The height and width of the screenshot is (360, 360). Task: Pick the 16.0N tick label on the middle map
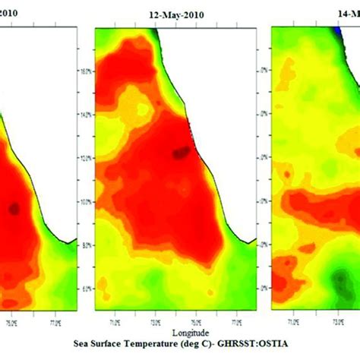tap(85, 72)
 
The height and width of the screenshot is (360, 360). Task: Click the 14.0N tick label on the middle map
tap(85, 115)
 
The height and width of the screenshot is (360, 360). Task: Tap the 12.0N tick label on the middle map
tap(85, 159)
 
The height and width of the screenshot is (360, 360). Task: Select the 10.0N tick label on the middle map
tap(85, 202)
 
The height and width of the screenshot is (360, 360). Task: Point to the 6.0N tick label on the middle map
tap(85, 289)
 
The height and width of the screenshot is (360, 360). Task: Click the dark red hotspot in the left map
tap(14, 207)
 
